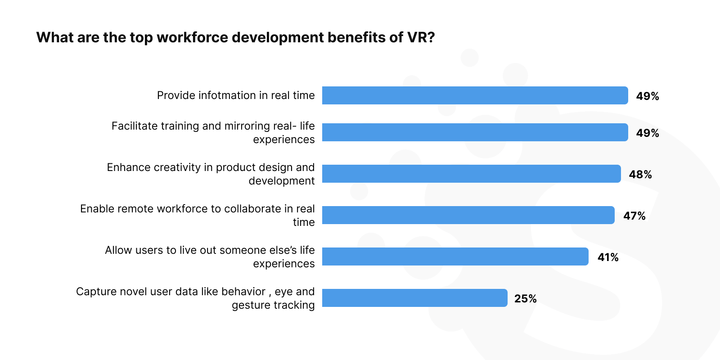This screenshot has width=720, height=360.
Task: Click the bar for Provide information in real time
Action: coord(475,95)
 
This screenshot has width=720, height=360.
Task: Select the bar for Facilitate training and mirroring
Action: coord(475,132)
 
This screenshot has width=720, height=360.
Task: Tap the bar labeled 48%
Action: coord(471,174)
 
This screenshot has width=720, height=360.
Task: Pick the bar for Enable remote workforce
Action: coord(468,215)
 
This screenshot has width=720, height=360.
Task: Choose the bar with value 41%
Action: coord(455,256)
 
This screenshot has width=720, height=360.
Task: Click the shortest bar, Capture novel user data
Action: coord(414,298)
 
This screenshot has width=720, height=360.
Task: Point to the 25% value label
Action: coord(525,299)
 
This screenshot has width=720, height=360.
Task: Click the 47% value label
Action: coord(634,216)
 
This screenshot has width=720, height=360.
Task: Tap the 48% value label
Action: coord(640,175)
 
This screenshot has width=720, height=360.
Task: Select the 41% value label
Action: coord(608,257)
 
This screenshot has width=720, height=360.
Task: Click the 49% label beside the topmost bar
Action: coord(647,96)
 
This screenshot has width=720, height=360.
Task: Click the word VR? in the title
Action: coord(421,37)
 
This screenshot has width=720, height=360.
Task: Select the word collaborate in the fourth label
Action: coord(252,209)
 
